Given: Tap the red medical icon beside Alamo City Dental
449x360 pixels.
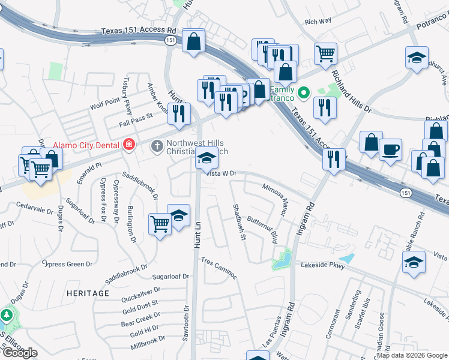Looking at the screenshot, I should [x=128, y=145].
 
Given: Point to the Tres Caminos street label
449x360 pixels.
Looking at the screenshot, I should [x=219, y=269].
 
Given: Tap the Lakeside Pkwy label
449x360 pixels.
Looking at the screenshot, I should [x=323, y=265].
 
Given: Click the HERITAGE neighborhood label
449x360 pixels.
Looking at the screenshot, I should [x=88, y=293].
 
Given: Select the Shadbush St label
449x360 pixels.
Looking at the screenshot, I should [x=239, y=221].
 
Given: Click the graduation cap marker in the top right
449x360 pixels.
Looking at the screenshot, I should [x=417, y=58].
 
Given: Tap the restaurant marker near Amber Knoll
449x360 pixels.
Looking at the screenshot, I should [x=179, y=112].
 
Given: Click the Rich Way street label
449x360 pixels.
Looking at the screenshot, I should [x=318, y=22].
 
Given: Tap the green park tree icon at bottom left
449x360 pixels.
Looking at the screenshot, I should [x=7, y=315].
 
